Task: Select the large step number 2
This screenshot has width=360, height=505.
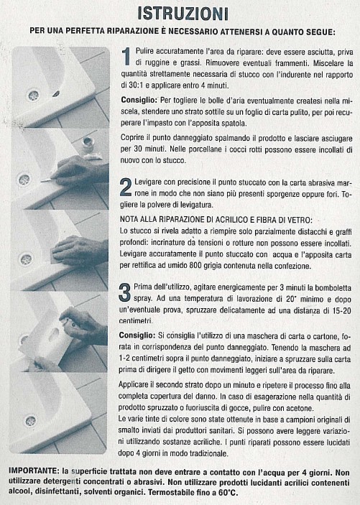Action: [x=126, y=187]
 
